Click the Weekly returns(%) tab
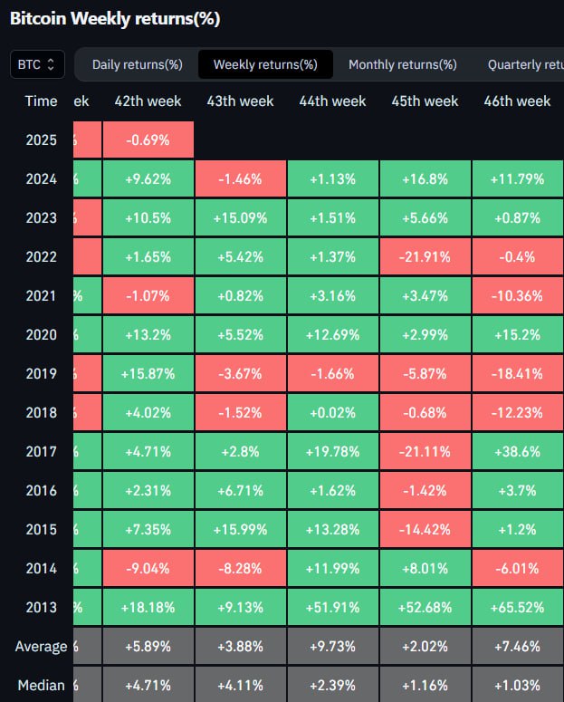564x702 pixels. (x=264, y=64)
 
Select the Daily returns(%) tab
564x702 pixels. (x=137, y=64)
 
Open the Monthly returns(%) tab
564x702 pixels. (x=402, y=64)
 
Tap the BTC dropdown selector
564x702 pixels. (x=37, y=64)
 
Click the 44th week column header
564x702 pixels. (x=332, y=101)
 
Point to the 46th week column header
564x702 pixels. (x=517, y=101)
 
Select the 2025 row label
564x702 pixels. (x=42, y=139)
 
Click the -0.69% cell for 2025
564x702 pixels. (x=148, y=139)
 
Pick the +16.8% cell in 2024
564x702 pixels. (x=425, y=178)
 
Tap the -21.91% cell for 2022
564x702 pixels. (x=425, y=256)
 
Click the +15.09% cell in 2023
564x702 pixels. (x=240, y=217)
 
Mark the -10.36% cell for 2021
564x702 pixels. (x=517, y=295)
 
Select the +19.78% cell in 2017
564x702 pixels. (x=332, y=451)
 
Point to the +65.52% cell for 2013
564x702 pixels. (x=517, y=607)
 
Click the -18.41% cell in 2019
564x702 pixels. (x=517, y=373)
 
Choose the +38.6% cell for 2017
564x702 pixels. (x=517, y=451)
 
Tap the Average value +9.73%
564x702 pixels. (x=332, y=646)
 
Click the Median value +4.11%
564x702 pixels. (x=240, y=685)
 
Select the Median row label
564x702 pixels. (x=42, y=685)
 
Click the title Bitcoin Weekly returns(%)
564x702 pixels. (x=115, y=18)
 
